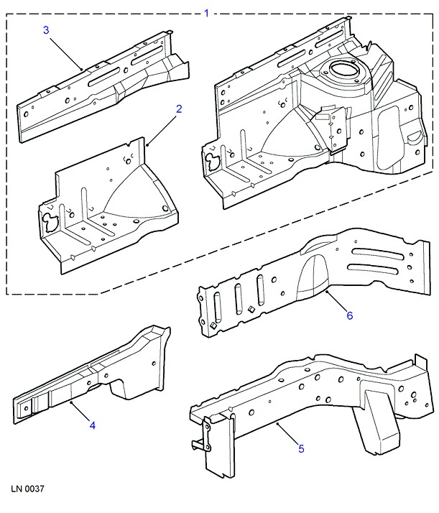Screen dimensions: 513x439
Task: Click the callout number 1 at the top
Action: (x=207, y=13)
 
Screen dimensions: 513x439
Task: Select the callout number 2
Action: (x=179, y=109)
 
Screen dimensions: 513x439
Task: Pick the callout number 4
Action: (x=92, y=426)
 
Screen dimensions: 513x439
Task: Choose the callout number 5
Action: (x=301, y=449)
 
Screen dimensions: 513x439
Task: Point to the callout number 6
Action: (x=350, y=315)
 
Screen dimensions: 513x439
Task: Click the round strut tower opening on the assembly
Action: (x=340, y=72)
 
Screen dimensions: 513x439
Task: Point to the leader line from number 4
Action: (x=80, y=412)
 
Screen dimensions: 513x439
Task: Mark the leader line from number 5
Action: (x=287, y=434)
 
